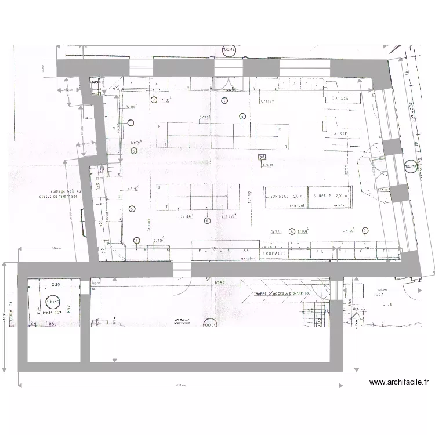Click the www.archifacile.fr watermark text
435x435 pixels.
point(399,382)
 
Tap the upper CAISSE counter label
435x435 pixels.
point(339,99)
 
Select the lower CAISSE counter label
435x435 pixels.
point(338,133)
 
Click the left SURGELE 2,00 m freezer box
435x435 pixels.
point(285,196)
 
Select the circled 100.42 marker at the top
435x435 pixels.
point(230,51)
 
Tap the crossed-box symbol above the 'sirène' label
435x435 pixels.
point(262,157)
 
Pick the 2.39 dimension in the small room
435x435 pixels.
point(56,285)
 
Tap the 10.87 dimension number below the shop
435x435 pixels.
point(219,283)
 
